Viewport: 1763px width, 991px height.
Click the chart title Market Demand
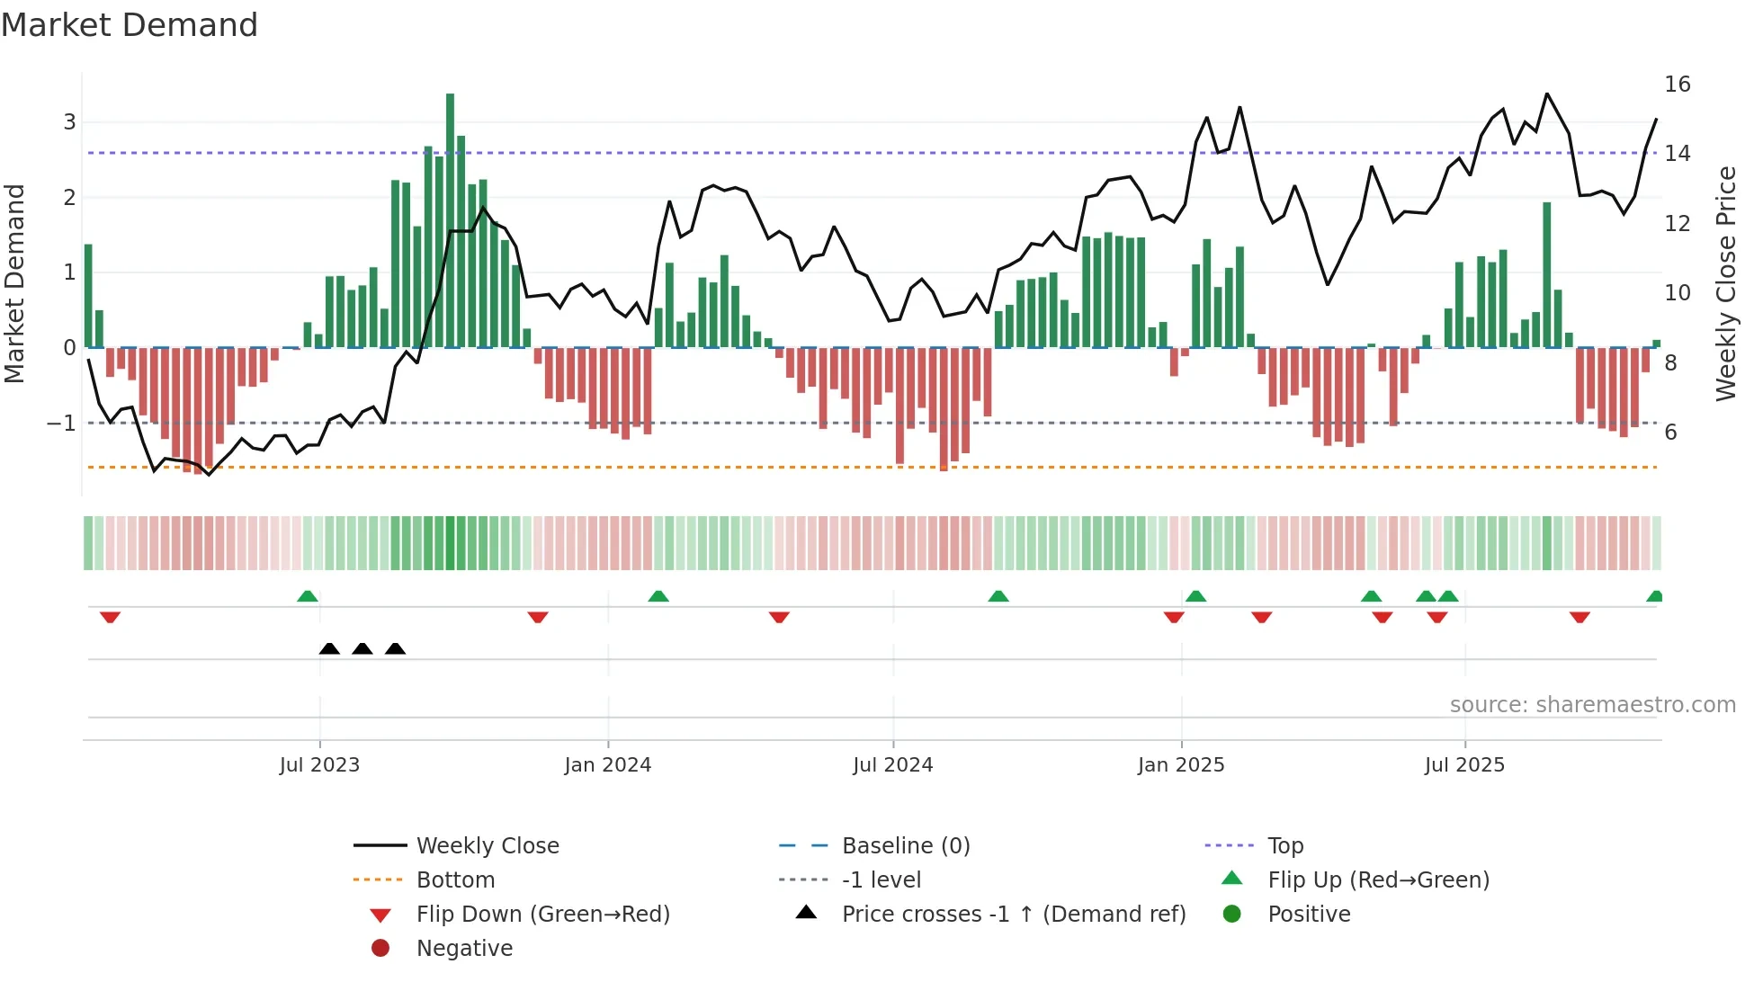[130, 25]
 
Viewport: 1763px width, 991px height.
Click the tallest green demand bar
[450, 220]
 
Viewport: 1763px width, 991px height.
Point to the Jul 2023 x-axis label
[319, 765]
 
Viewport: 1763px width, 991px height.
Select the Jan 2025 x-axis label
[1180, 765]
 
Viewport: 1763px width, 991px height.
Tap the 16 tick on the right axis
[1677, 85]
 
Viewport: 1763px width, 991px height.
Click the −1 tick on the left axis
[61, 423]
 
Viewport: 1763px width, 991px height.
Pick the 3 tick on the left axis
[69, 122]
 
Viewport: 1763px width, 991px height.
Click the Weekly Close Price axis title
[1725, 283]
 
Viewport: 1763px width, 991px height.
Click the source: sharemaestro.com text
[1592, 705]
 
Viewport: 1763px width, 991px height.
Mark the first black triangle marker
[329, 649]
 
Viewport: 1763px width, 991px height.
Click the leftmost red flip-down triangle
[110, 618]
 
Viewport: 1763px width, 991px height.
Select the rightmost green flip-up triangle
[1654, 596]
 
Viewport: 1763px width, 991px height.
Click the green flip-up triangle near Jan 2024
[658, 596]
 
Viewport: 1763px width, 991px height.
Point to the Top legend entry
[1284, 846]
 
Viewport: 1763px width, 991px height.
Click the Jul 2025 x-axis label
[1463, 765]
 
